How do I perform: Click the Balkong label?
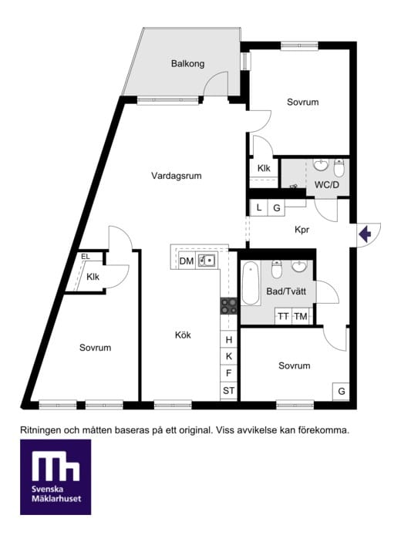187,63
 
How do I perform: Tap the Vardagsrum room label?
177,176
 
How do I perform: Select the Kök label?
183,335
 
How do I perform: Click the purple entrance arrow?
365,234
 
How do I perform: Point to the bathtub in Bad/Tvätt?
251,283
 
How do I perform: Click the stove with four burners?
229,306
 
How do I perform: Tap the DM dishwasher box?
187,261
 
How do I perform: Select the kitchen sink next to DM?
207,261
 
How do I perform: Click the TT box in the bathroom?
284,316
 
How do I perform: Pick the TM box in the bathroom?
301,316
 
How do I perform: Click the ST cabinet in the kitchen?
229,391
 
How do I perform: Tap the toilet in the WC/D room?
339,168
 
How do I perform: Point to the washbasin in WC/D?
321,165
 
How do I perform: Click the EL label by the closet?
86,257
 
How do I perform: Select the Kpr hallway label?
302,230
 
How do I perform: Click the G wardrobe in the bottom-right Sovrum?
341,392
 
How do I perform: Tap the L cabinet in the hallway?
259,207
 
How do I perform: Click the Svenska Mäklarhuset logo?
56,477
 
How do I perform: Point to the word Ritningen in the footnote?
41,431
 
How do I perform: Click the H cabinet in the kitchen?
229,340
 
